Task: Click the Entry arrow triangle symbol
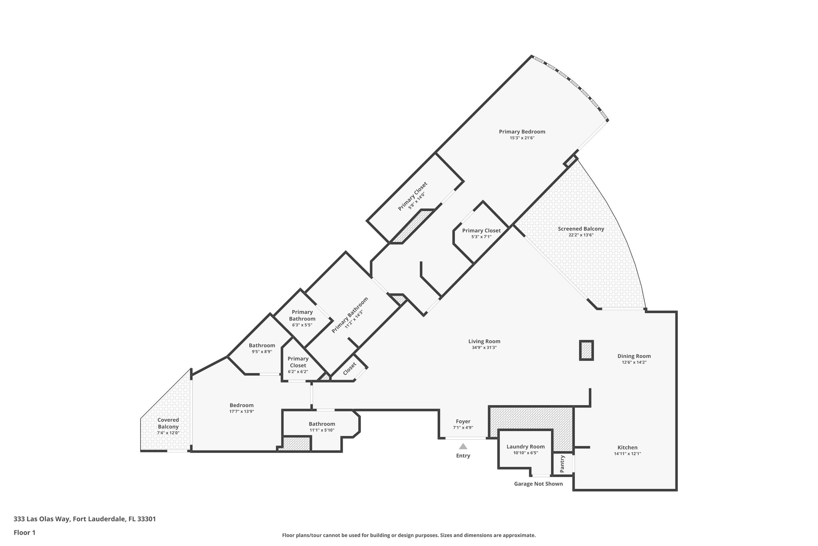(463, 446)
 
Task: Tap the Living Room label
(484, 341)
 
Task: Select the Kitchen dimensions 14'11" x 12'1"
(627, 454)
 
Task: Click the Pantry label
(562, 464)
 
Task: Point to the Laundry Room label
(525, 447)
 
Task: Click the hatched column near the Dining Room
(586, 350)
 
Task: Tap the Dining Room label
(634, 356)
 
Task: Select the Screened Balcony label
(581, 229)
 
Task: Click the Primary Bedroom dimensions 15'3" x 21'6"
(522, 138)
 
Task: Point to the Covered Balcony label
(168, 423)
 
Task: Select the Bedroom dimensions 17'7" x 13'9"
(241, 411)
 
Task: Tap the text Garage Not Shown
(538, 484)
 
